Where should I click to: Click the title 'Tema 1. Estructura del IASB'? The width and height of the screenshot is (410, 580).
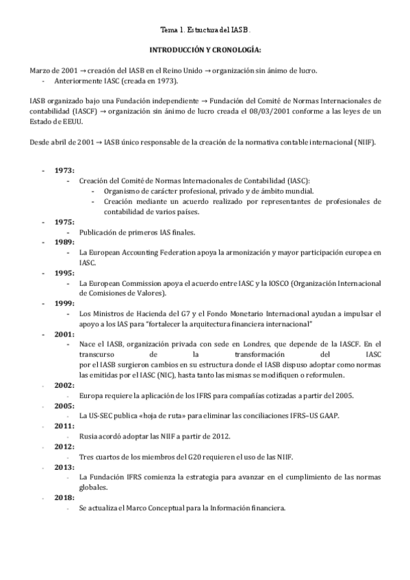tap(205, 31)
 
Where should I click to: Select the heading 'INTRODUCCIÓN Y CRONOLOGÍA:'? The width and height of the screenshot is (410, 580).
tap(205, 51)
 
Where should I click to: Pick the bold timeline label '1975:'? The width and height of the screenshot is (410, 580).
tap(65, 222)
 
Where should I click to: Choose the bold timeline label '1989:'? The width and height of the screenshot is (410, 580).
tap(65, 242)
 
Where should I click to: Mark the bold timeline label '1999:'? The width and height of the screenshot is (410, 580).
tap(65, 302)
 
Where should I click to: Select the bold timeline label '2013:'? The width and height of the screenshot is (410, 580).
tap(65, 467)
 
